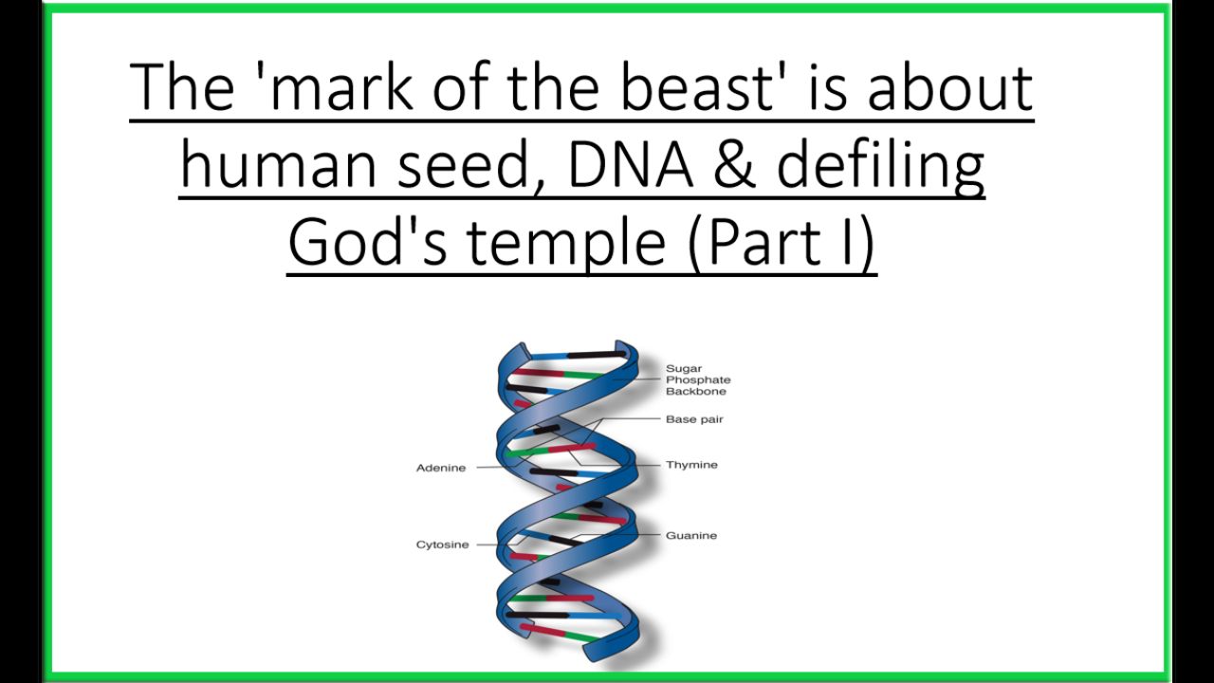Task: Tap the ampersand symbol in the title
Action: [734, 163]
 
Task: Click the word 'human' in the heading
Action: [278, 162]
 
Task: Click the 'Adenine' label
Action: [441, 468]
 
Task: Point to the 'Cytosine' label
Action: [442, 545]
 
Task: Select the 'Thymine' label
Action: [691, 465]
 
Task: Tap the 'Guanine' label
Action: [691, 536]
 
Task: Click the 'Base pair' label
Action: [694, 419]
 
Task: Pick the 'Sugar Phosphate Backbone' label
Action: [698, 380]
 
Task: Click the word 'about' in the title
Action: [950, 87]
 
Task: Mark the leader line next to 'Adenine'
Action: [499, 466]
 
